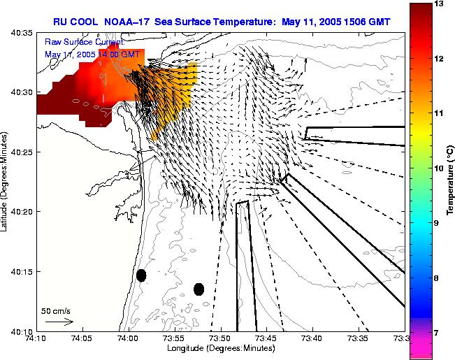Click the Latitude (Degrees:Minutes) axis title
pyautogui.click(x=6, y=181)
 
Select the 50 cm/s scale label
pyautogui.click(x=55, y=310)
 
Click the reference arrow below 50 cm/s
pyautogui.click(x=59, y=322)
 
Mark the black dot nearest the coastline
pyautogui.click(x=141, y=275)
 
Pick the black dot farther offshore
pyautogui.click(x=199, y=289)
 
